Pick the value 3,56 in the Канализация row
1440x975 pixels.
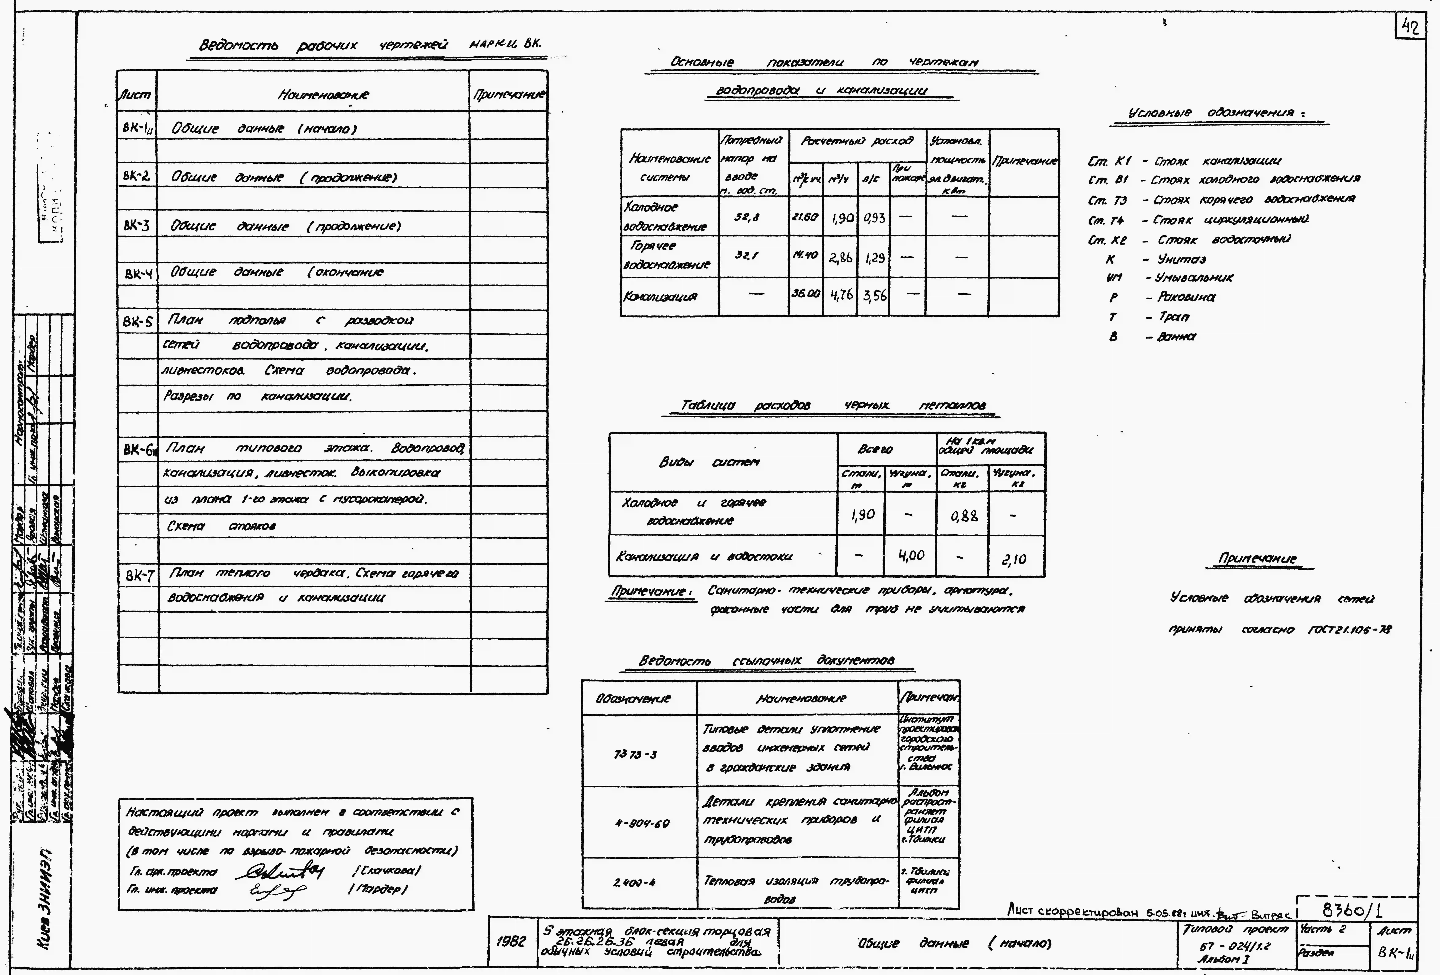(874, 296)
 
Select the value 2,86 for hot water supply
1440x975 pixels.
(841, 257)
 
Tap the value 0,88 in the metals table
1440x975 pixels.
(964, 515)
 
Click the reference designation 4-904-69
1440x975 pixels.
(642, 823)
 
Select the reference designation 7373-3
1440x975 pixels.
(635, 754)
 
